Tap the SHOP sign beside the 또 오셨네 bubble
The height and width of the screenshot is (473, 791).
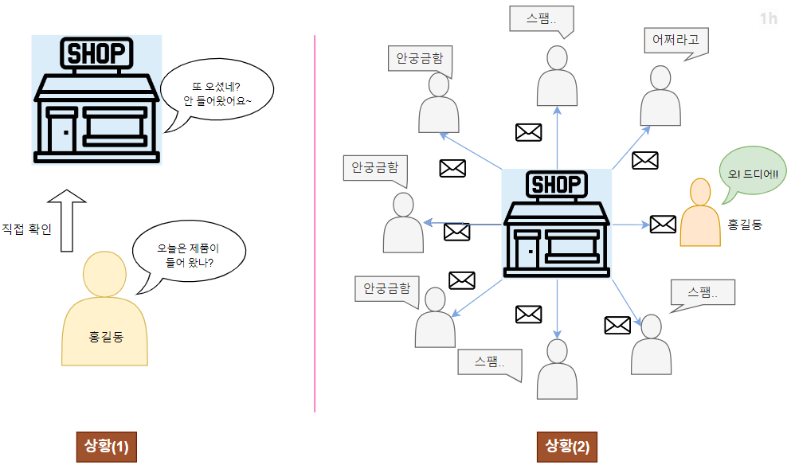click(96, 53)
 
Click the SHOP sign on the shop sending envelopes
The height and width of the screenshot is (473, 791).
click(556, 185)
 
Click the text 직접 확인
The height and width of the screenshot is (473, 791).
click(26, 229)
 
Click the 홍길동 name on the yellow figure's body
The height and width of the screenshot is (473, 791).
click(105, 337)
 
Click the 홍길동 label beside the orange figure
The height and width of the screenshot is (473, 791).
click(745, 225)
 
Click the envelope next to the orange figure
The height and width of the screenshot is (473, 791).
click(663, 224)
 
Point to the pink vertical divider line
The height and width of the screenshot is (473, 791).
click(315, 223)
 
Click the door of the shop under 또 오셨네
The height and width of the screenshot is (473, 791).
click(61, 131)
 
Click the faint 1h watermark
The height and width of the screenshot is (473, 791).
click(768, 18)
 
